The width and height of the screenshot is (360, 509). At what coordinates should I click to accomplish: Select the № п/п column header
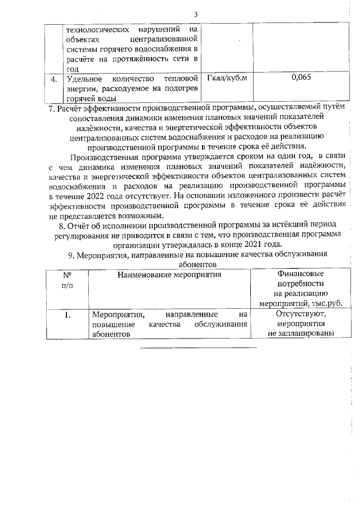(x=66, y=280)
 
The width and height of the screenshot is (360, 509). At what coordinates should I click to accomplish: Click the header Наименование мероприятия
(x=169, y=274)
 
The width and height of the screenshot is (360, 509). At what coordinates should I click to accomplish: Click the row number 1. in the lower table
(x=66, y=315)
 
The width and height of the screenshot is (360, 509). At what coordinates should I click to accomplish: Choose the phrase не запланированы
(x=301, y=334)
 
